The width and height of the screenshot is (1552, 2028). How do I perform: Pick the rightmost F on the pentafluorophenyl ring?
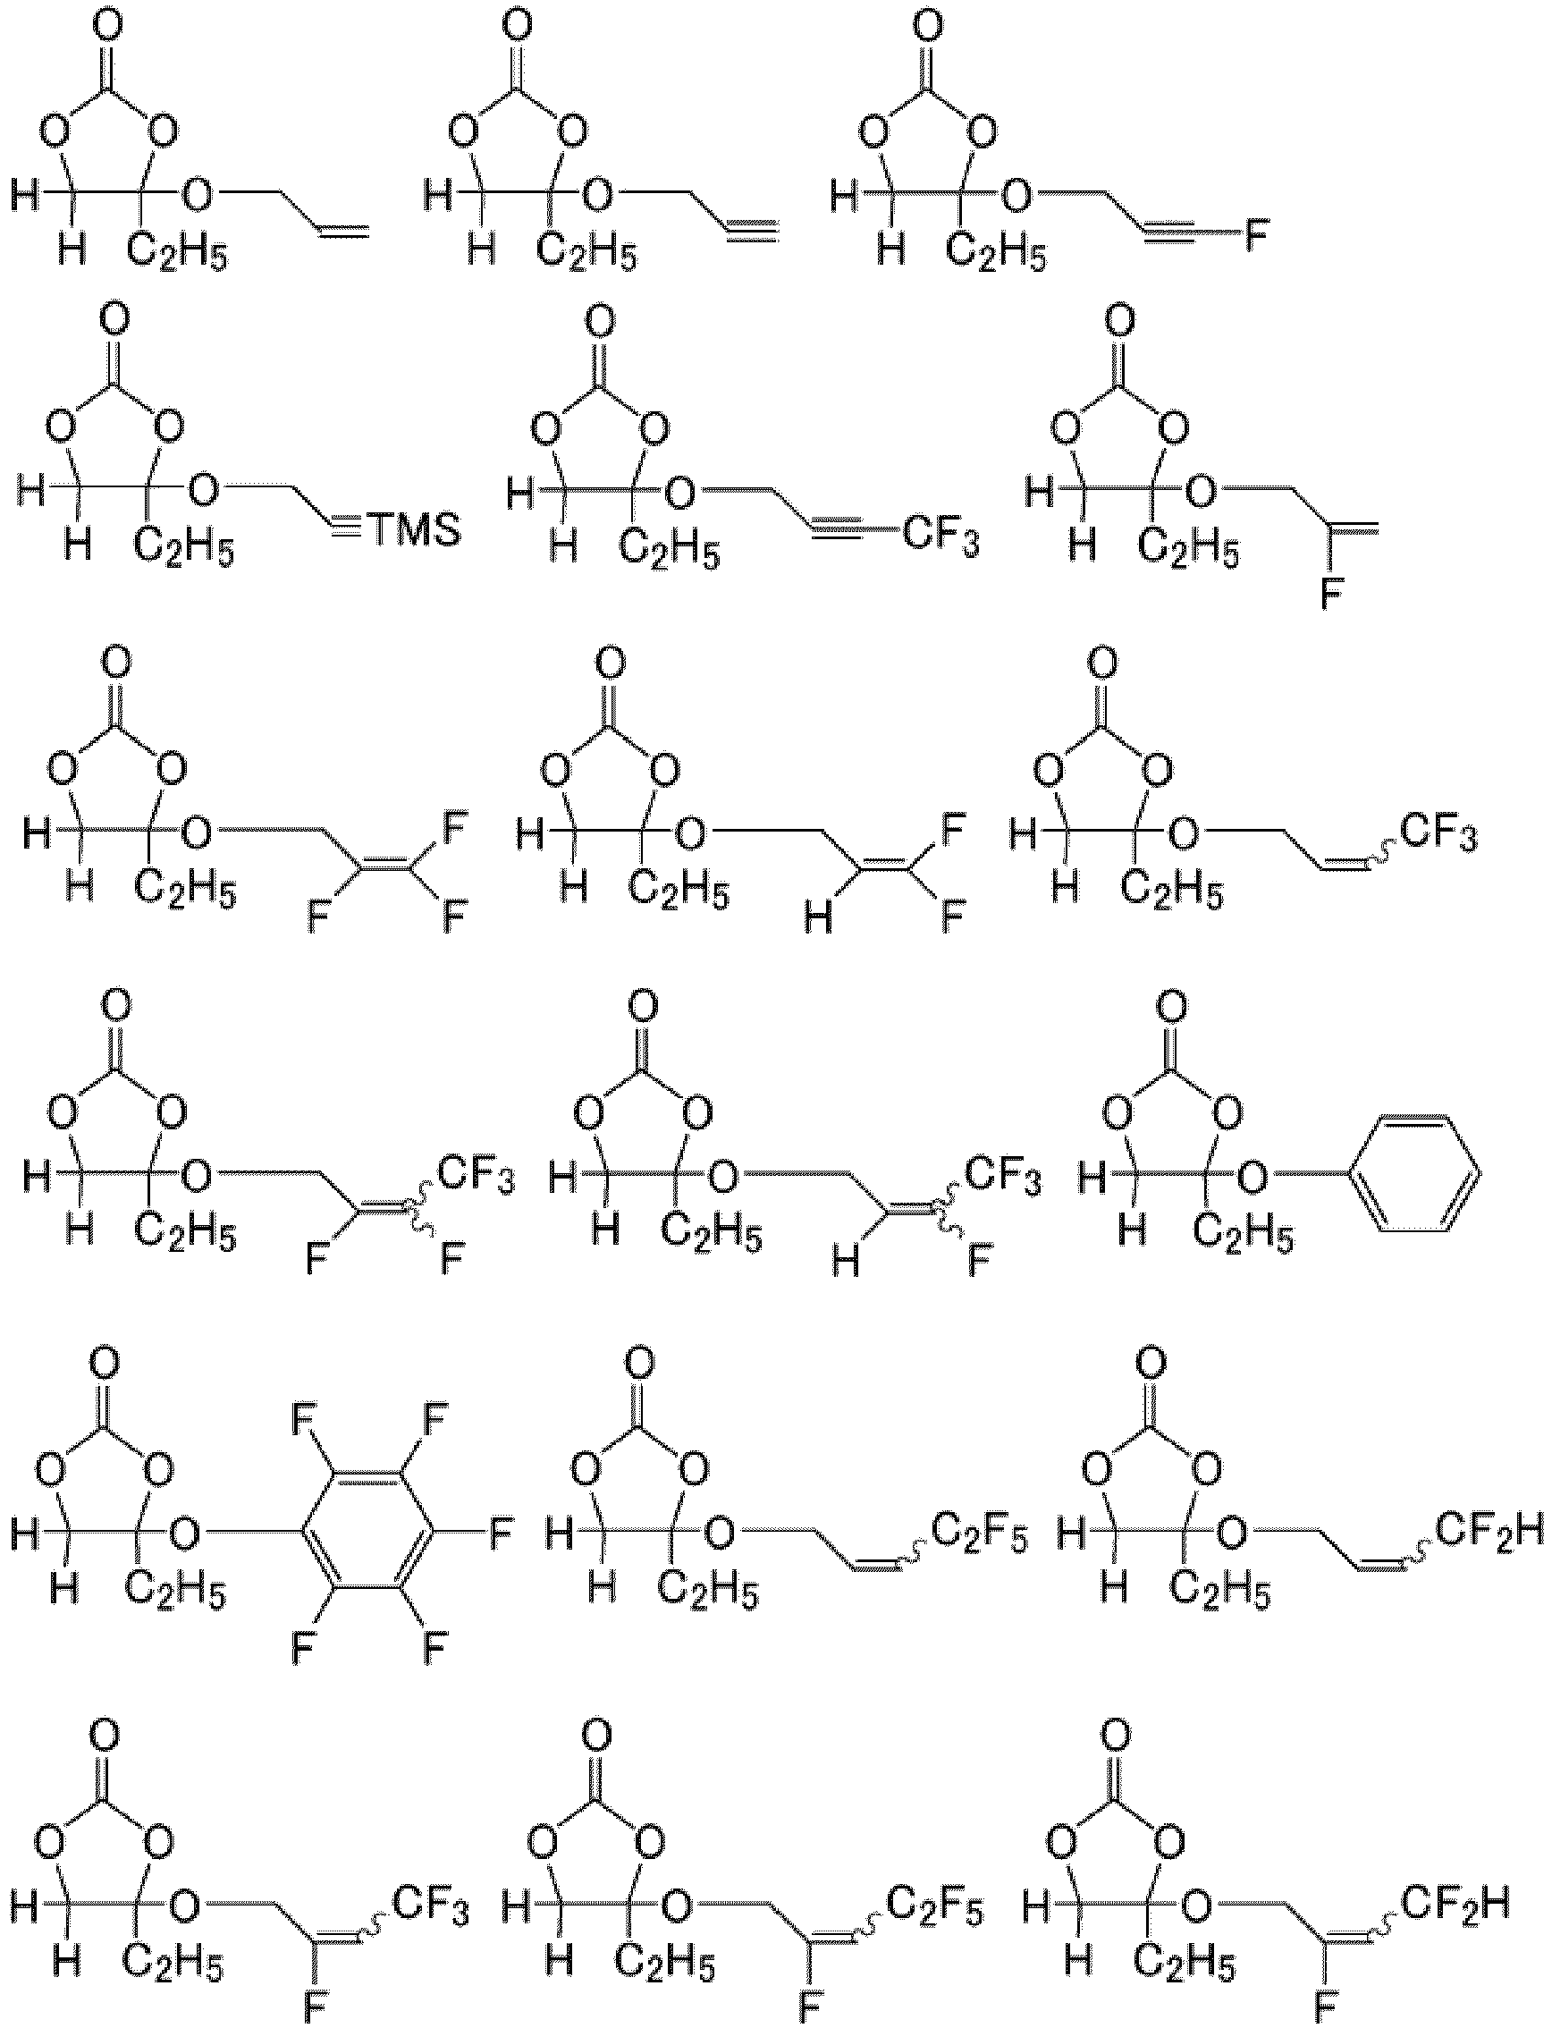point(499,1534)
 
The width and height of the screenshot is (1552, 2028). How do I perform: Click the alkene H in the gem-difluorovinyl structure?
point(816,919)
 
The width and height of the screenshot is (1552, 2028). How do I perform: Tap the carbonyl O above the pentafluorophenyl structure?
point(105,1362)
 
